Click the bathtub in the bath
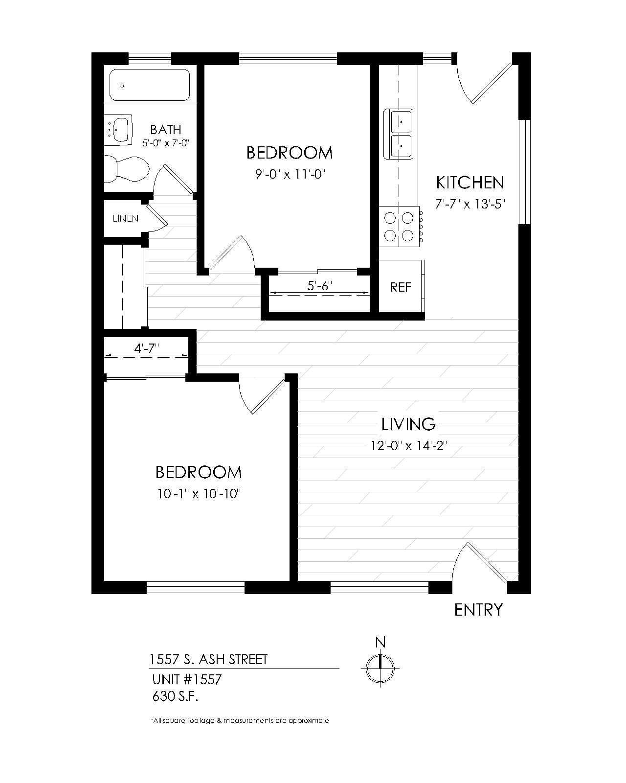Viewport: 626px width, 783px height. [x=149, y=85]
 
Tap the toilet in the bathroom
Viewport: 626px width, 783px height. [x=127, y=169]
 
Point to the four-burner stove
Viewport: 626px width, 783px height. [x=399, y=227]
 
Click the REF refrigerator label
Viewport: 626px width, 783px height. [x=401, y=287]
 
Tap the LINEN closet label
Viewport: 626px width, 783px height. [x=126, y=219]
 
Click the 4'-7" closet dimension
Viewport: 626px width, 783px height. [x=147, y=348]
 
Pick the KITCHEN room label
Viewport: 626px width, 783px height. [x=469, y=183]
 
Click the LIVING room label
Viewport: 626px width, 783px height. [x=408, y=424]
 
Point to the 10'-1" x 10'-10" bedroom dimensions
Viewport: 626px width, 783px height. [x=200, y=494]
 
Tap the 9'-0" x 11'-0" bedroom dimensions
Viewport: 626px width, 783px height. [x=290, y=175]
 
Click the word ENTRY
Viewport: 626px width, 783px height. [x=478, y=610]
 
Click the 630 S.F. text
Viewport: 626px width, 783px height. [x=176, y=696]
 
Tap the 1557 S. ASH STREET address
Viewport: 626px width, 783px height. [x=209, y=660]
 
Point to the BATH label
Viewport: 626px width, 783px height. [x=166, y=130]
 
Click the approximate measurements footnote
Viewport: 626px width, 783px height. [x=240, y=721]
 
